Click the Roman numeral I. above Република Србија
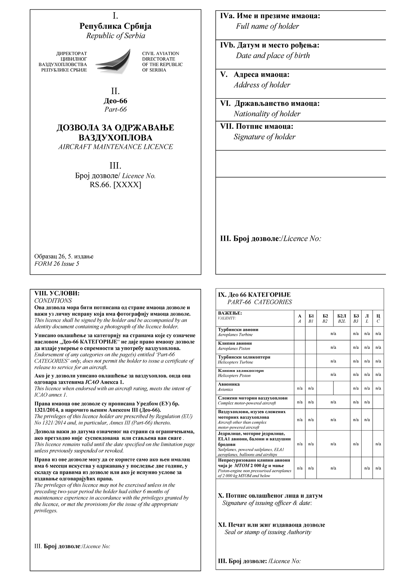coord(115,16)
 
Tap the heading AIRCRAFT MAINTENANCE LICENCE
coord(115,147)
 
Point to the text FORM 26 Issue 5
coord(57,264)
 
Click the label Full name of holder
coord(267,26)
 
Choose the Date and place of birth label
coord(272,55)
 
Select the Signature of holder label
coord(264,137)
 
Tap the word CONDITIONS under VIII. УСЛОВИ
coord(53,300)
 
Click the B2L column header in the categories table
coord(341,321)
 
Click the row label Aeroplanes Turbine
coord(235,335)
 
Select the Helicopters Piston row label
coord(234,376)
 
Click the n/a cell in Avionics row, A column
coord(300,388)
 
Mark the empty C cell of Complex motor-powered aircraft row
coord(378,402)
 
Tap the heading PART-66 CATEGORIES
coord(260,302)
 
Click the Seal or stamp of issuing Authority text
coord(268,532)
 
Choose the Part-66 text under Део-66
coord(115,109)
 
